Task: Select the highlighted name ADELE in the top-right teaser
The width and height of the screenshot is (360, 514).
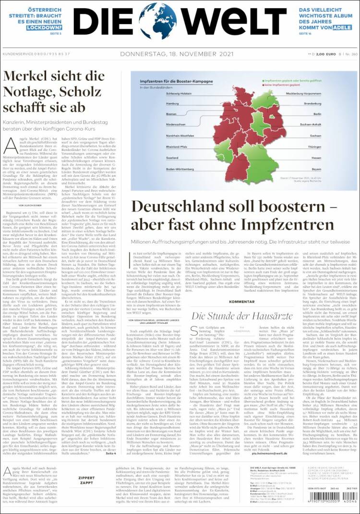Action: [x=339, y=28]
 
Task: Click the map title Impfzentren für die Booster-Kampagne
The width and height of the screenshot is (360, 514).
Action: [x=167, y=82]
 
